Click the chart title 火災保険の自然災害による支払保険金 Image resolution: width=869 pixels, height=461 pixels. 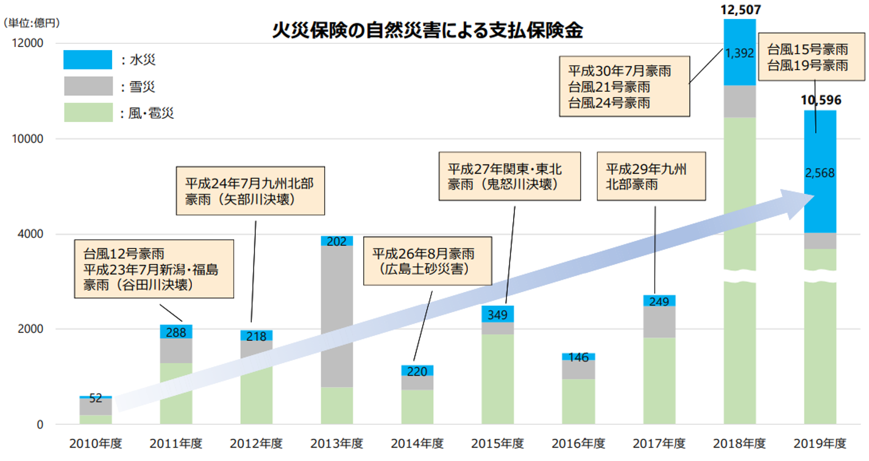[x=427, y=31]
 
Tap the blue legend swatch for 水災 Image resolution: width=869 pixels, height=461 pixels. [x=88, y=60]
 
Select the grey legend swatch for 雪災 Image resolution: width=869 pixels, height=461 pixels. [x=88, y=86]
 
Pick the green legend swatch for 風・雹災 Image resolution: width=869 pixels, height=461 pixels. [x=88, y=112]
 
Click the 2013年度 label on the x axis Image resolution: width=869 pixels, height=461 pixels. [x=336, y=443]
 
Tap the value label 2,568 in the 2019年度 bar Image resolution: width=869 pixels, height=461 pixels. [x=819, y=173]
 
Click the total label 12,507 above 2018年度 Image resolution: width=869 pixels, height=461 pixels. [x=740, y=9]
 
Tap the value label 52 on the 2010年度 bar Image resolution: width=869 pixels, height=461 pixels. [x=96, y=398]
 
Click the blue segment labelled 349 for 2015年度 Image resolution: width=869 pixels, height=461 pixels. [x=497, y=314]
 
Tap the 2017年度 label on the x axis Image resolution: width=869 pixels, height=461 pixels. [x=659, y=443]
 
